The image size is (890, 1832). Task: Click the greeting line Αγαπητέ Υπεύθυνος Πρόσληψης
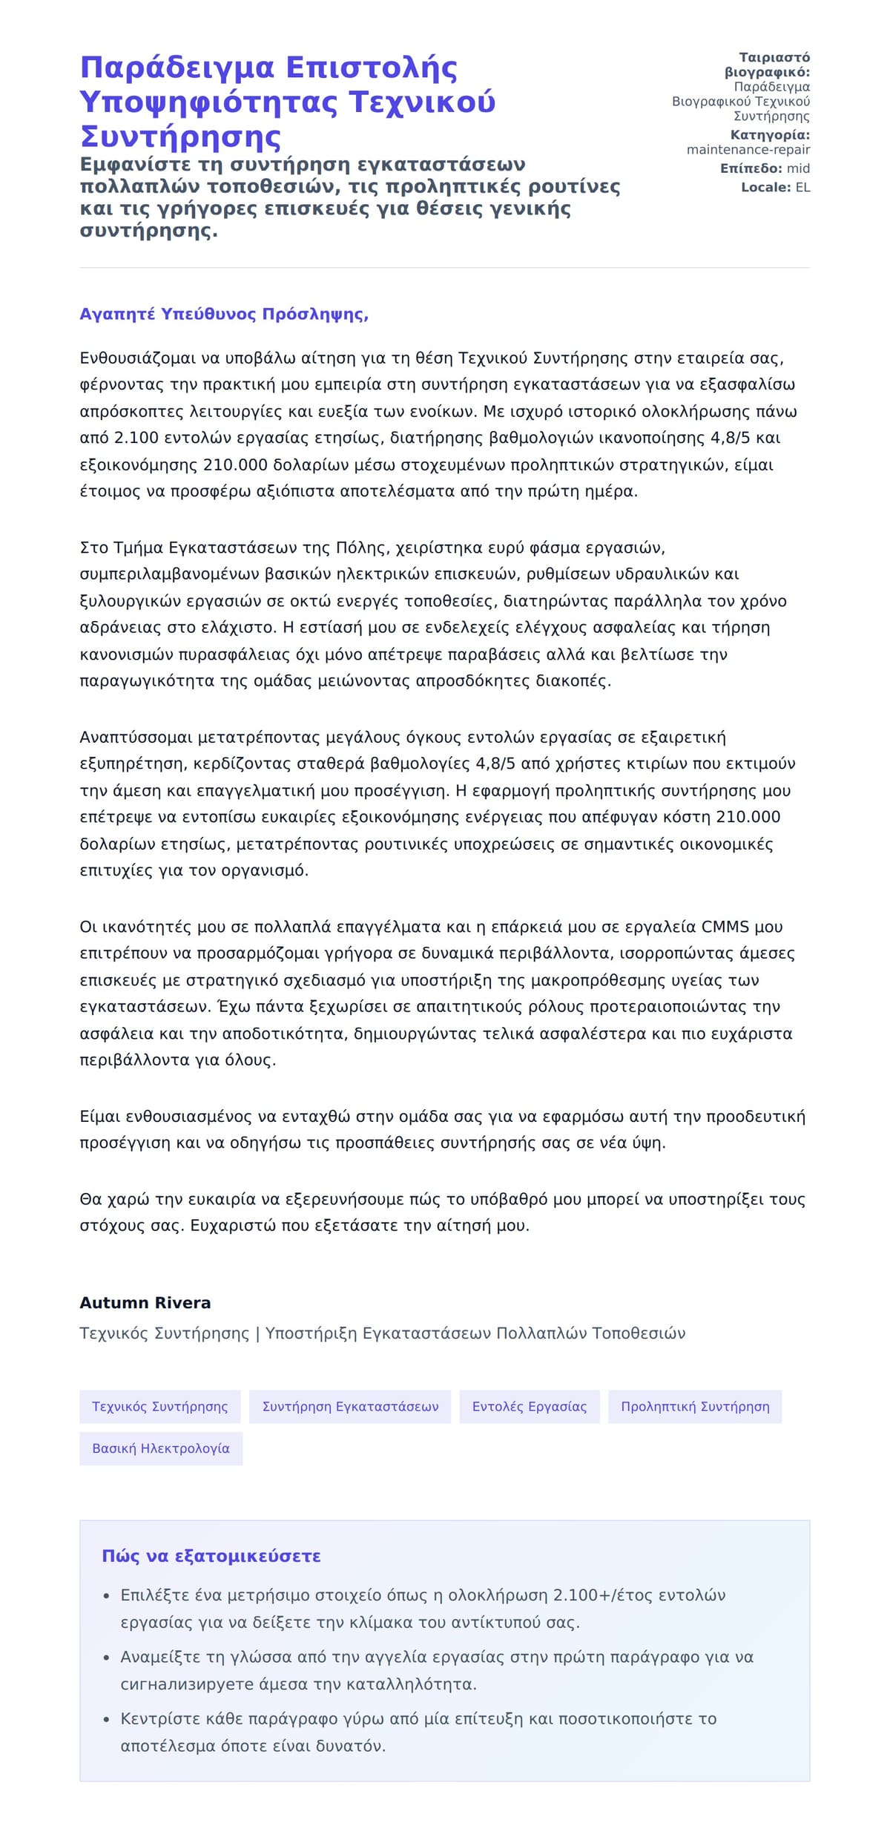(x=224, y=314)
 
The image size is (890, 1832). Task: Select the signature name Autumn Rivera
(x=145, y=1302)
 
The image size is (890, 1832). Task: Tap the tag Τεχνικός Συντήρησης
(x=160, y=1406)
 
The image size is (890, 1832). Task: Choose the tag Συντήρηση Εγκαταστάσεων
(x=350, y=1406)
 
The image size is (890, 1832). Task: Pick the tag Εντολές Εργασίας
(x=529, y=1406)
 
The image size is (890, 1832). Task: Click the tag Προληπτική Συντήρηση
(x=695, y=1406)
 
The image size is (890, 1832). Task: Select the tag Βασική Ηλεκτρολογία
(x=161, y=1448)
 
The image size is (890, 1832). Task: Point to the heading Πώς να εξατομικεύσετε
(x=211, y=1556)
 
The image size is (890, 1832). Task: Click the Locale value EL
(x=802, y=187)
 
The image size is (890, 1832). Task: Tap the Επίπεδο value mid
(x=798, y=168)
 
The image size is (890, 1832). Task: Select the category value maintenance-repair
(x=748, y=150)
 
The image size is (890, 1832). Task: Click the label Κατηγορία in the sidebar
(x=769, y=135)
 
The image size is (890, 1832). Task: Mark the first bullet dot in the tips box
(x=106, y=1595)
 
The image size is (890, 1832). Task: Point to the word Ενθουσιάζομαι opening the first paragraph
(x=138, y=358)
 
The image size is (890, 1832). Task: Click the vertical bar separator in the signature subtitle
(x=257, y=1333)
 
